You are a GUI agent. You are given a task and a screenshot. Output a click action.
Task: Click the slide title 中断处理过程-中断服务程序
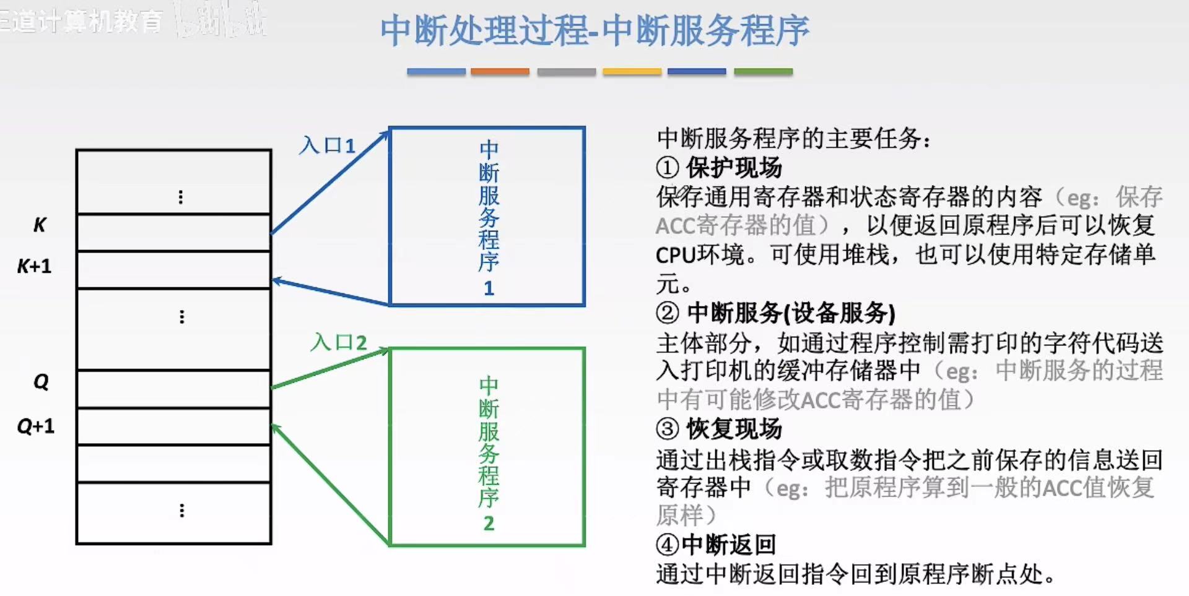pos(594,31)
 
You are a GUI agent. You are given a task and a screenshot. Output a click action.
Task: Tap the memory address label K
pos(40,225)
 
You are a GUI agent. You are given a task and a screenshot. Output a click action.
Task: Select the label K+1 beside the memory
pos(34,266)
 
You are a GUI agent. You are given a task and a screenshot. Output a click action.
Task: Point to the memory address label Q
pos(41,381)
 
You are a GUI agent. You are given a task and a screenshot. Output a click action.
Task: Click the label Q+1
pos(35,426)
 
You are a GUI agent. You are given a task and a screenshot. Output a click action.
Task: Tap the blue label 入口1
pos(327,145)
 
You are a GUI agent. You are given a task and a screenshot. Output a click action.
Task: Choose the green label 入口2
pos(339,342)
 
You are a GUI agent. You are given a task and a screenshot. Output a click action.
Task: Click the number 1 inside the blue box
pos(489,288)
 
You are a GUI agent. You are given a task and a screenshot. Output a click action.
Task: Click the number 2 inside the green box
pos(489,523)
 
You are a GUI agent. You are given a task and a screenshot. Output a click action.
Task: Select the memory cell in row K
pos(174,232)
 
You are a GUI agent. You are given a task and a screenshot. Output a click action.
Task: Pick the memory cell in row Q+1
pos(174,426)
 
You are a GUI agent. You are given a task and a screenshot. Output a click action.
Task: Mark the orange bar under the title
pos(500,72)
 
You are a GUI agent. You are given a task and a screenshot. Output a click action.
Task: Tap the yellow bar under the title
pos(632,72)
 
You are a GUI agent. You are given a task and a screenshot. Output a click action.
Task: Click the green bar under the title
pos(763,72)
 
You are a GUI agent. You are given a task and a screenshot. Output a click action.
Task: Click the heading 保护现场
pos(734,167)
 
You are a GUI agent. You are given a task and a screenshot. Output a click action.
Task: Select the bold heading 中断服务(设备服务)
pos(791,313)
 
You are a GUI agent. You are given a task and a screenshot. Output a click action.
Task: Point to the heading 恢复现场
pos(734,428)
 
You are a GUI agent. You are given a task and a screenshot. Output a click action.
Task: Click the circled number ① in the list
pos(667,167)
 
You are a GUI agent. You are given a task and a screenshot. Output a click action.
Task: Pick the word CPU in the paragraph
pos(676,255)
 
